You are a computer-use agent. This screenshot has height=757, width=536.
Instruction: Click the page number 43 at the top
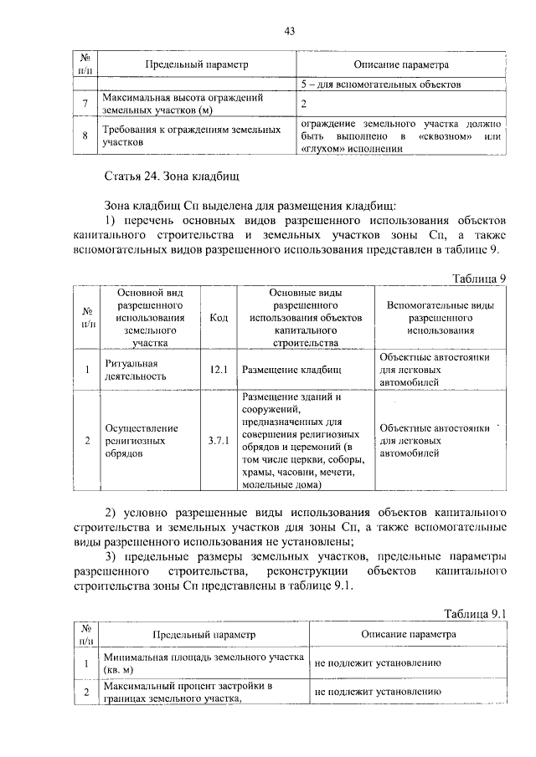[289, 31]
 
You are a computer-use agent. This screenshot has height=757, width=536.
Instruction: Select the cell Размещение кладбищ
[291, 369]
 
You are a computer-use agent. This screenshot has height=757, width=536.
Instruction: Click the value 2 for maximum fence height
[304, 104]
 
